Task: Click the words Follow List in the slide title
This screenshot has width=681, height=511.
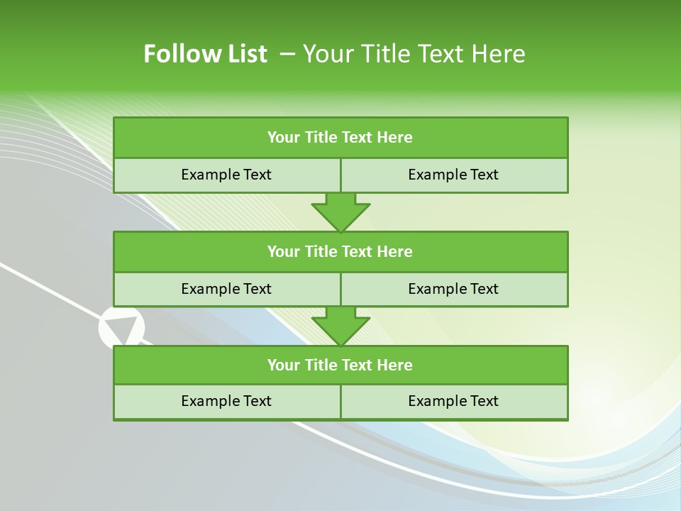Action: pyautogui.click(x=205, y=54)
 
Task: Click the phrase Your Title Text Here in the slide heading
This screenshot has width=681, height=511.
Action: pyautogui.click(x=414, y=54)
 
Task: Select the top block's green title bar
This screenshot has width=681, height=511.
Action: pyautogui.click(x=340, y=138)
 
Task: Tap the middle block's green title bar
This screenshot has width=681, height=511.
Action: pyautogui.click(x=340, y=251)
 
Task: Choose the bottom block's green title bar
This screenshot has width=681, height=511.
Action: pyautogui.click(x=340, y=365)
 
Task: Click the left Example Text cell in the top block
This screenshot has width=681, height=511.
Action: pyautogui.click(x=226, y=175)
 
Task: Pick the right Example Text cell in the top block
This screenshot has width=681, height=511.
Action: pyautogui.click(x=453, y=175)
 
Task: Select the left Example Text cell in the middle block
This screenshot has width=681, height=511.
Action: pyautogui.click(x=226, y=289)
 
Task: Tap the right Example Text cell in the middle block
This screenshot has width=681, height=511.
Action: pyautogui.click(x=453, y=289)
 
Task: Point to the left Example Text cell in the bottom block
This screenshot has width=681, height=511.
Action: pyautogui.click(x=226, y=401)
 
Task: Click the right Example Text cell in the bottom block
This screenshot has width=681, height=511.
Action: pyautogui.click(x=453, y=401)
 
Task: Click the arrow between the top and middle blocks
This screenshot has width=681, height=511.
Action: pyautogui.click(x=340, y=211)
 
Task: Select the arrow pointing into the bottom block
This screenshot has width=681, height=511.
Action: pyautogui.click(x=340, y=326)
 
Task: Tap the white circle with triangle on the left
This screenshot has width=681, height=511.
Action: pyautogui.click(x=121, y=328)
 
